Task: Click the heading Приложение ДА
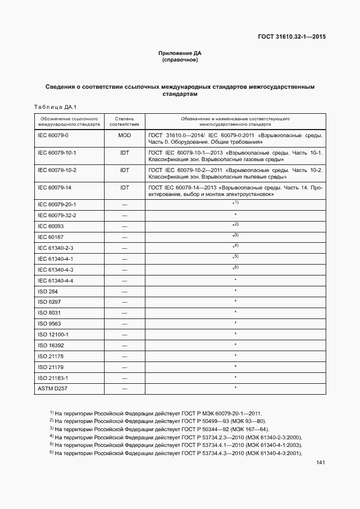point(180,53)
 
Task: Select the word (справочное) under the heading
point(180,60)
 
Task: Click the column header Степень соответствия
point(124,121)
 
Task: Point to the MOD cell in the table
point(124,134)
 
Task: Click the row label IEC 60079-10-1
point(57,153)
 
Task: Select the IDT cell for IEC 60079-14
point(124,187)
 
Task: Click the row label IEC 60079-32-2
point(57,215)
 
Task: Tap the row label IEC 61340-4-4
point(55,280)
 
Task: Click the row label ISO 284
point(46,291)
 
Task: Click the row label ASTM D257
point(52,388)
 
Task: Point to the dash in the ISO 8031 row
point(124,313)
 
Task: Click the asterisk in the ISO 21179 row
point(235,366)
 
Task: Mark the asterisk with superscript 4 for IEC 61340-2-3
point(235,247)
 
